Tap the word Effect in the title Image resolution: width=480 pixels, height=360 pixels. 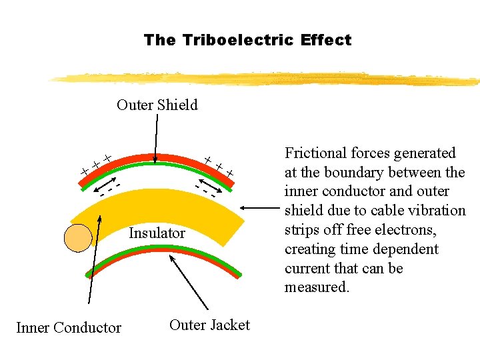tap(325, 40)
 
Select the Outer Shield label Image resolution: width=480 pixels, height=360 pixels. tap(157, 105)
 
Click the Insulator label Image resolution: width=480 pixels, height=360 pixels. tap(157, 233)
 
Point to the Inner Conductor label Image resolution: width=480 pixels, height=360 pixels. tap(69, 327)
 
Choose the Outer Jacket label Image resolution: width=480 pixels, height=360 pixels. tap(209, 325)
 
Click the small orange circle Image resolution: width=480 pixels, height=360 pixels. tap(78, 239)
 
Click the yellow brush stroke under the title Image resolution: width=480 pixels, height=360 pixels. tap(267, 78)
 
